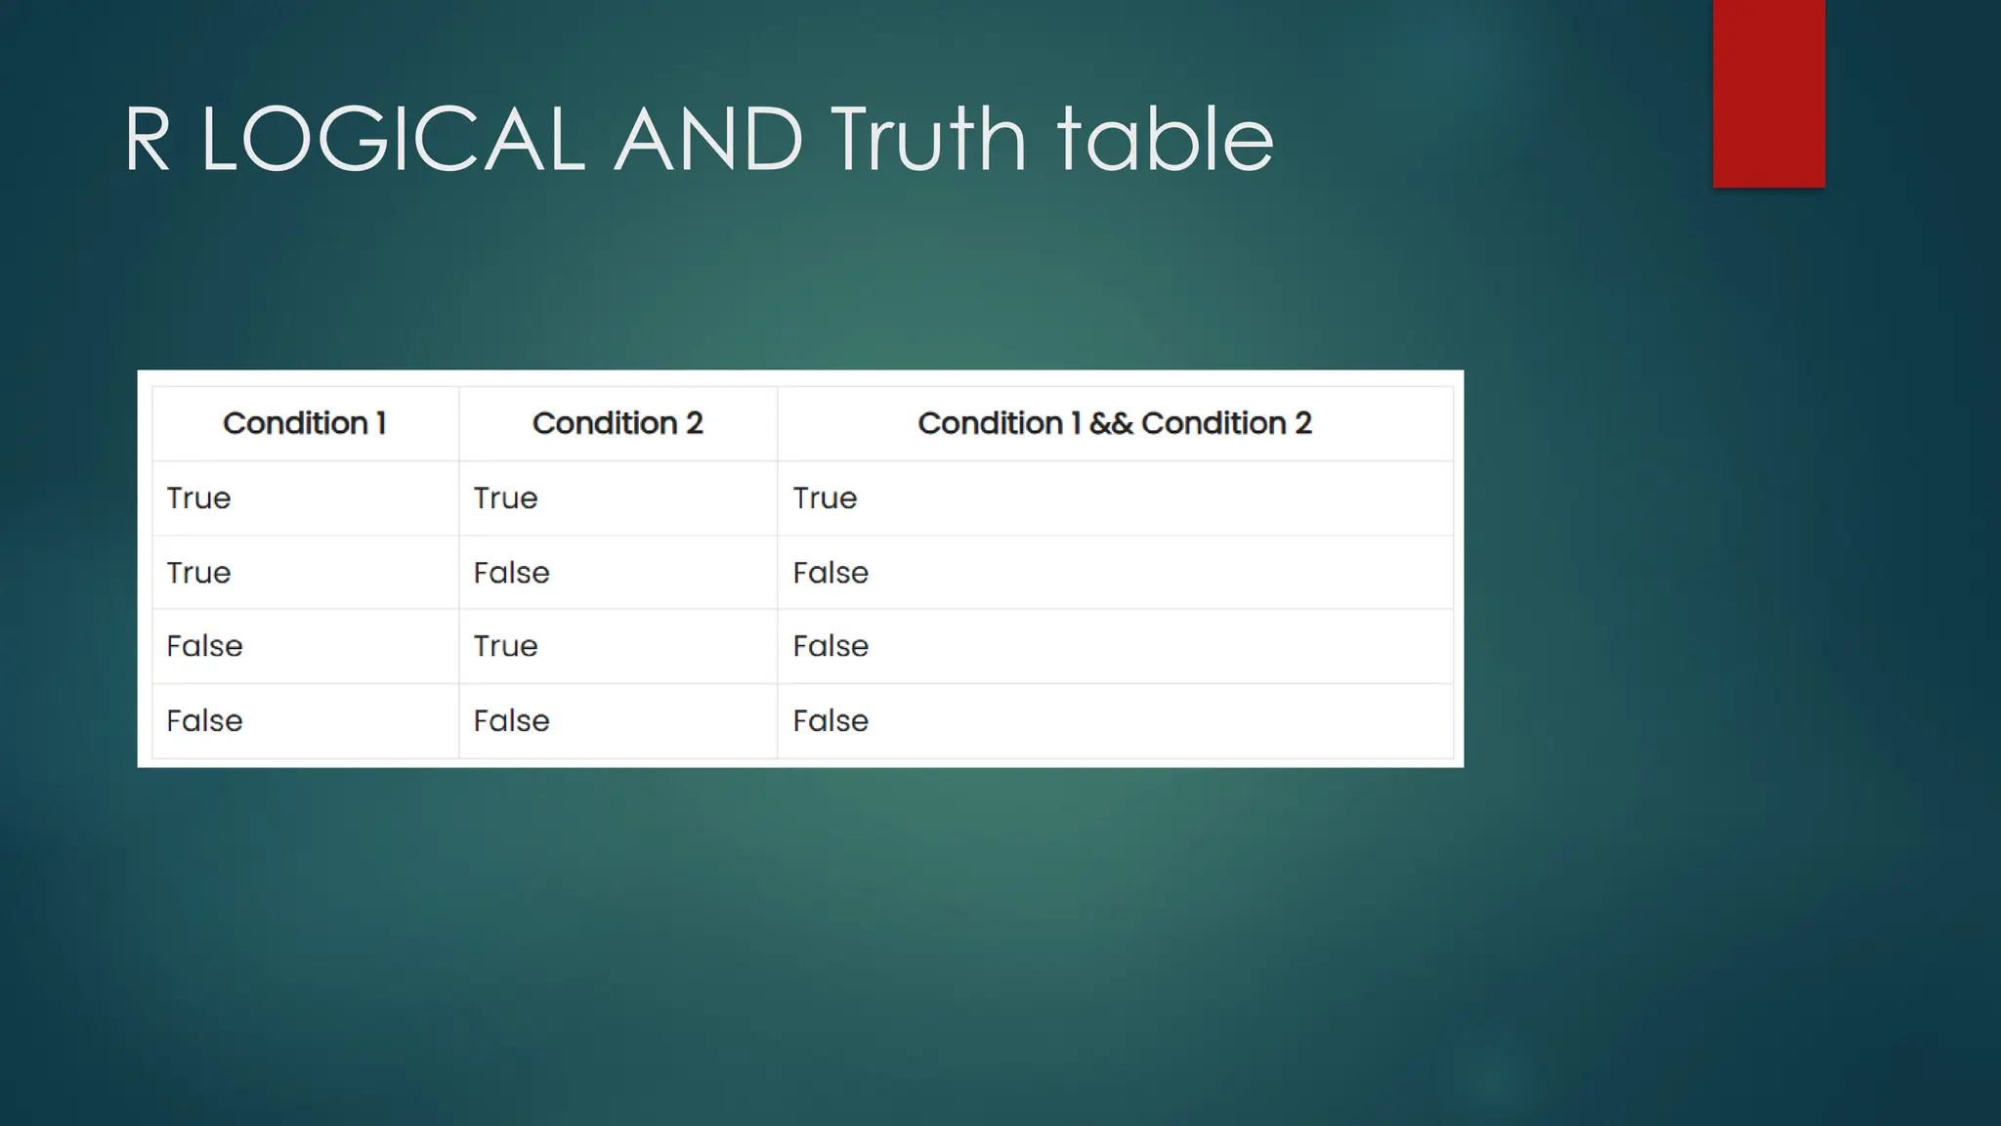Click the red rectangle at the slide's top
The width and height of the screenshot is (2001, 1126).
click(1768, 93)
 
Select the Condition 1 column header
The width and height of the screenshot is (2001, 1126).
click(305, 423)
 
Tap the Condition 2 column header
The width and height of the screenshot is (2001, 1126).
click(617, 423)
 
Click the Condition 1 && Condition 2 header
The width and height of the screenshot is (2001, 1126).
click(1115, 423)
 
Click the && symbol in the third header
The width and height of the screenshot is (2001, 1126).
click(1111, 424)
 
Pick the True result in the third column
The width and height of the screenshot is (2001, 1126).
click(825, 498)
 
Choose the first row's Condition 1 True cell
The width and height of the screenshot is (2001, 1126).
click(198, 498)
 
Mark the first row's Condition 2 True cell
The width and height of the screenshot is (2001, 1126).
click(505, 498)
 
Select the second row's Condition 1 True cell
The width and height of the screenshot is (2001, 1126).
click(198, 573)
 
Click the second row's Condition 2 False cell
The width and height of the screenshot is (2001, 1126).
click(511, 573)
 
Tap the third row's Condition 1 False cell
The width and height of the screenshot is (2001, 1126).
click(204, 646)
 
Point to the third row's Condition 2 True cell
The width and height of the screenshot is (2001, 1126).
click(505, 646)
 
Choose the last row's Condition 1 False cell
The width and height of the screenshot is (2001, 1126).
click(204, 721)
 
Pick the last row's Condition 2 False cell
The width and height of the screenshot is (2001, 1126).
click(511, 721)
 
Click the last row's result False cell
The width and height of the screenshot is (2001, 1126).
click(830, 721)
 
